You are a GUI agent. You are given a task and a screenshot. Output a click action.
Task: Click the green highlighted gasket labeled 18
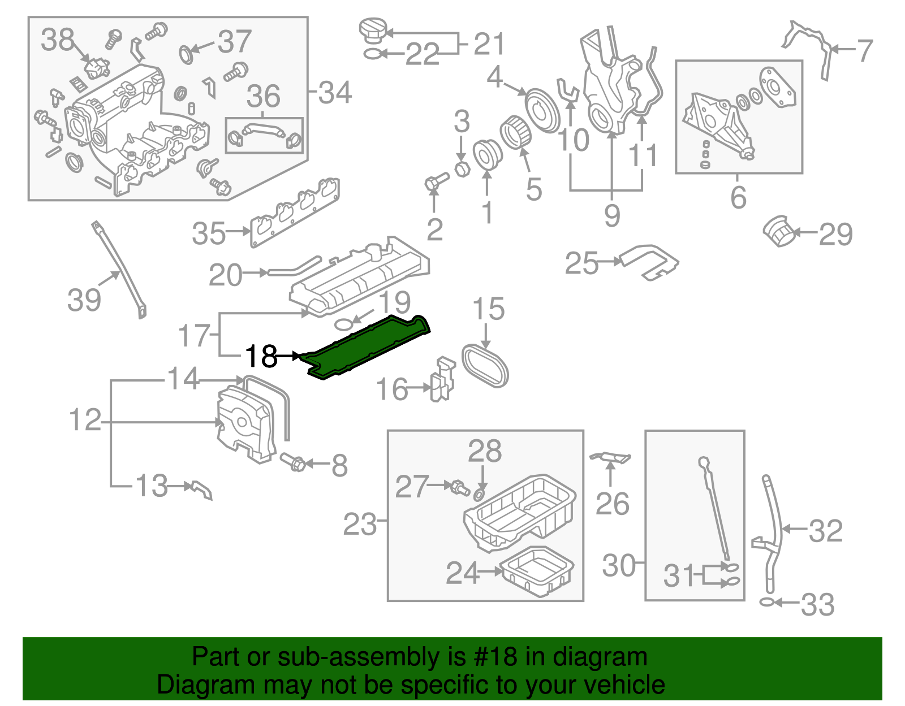tap(365, 348)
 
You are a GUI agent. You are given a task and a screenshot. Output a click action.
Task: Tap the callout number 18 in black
tap(261, 357)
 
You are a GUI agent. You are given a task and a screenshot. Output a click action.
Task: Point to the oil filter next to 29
tap(779, 231)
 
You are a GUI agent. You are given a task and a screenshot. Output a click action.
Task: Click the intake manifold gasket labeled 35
tap(294, 214)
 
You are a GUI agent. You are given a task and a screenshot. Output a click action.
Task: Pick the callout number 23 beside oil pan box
tap(360, 525)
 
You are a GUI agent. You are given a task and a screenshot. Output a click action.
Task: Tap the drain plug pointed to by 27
tap(458, 488)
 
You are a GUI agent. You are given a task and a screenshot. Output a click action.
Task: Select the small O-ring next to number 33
tap(766, 603)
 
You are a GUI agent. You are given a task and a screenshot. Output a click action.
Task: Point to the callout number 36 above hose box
tap(264, 96)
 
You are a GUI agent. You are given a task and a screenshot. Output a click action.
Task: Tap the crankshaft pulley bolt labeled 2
tap(436, 182)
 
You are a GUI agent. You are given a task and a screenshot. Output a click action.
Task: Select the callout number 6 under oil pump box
tap(738, 197)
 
